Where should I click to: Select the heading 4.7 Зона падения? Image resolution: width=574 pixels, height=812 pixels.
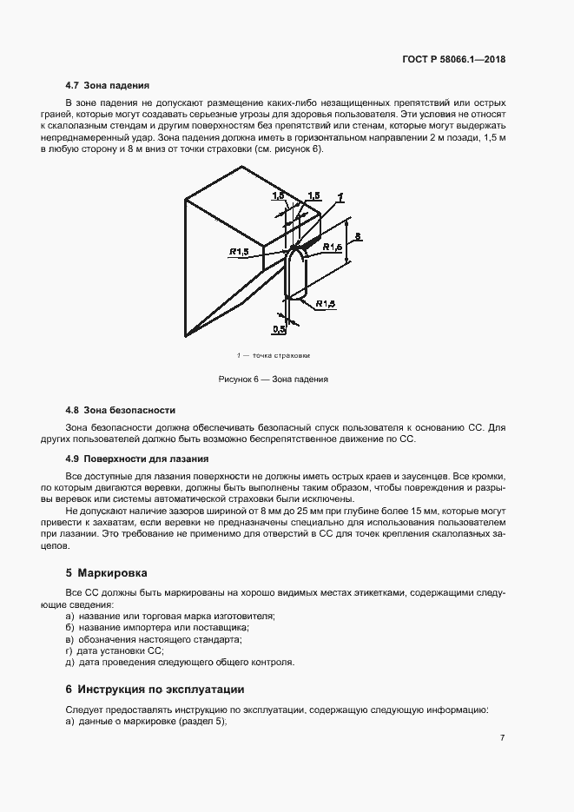[x=108, y=86]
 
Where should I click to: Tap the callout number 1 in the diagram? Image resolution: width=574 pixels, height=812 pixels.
[x=341, y=196]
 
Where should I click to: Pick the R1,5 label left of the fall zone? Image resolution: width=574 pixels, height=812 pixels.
[x=241, y=252]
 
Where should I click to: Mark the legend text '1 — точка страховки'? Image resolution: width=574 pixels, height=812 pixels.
[x=273, y=356]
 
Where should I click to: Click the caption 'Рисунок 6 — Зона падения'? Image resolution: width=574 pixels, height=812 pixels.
[x=273, y=380]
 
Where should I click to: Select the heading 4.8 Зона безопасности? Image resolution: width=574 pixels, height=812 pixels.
[x=121, y=409]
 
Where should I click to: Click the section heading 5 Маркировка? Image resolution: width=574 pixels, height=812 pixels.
[x=108, y=573]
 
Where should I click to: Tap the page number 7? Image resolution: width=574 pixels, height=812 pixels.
[x=503, y=737]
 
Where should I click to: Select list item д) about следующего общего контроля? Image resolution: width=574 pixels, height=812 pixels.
[x=180, y=662]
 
